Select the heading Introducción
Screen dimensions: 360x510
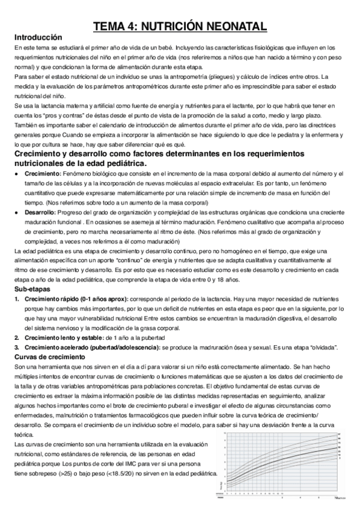pos(38,37)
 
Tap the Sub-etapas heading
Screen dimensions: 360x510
pos(33,289)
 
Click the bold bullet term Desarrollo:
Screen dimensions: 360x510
pos(41,212)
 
